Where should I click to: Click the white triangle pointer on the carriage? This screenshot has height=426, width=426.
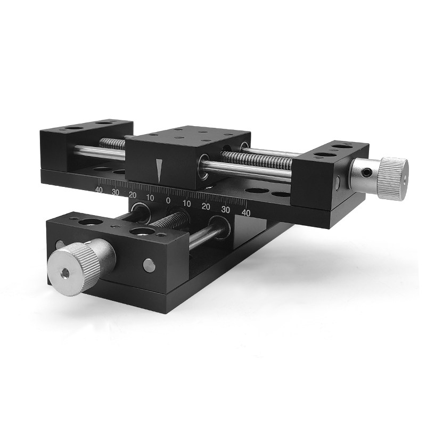(159, 170)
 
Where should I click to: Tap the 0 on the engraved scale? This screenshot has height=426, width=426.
(168, 201)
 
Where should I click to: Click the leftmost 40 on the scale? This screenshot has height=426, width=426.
(99, 190)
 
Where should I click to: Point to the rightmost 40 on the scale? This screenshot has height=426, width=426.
(246, 212)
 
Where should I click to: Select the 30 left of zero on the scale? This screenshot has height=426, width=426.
(116, 192)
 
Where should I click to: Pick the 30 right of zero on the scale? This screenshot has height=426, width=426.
(225, 210)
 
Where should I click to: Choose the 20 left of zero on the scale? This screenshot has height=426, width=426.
(133, 195)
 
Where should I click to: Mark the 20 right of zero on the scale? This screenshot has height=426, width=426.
(206, 207)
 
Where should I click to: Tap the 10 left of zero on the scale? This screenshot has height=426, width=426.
(150, 198)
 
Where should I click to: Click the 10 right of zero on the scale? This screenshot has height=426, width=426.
(187, 203)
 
